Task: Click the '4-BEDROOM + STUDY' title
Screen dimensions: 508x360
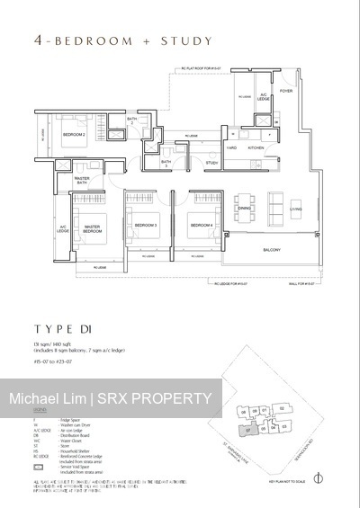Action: [x=110, y=40]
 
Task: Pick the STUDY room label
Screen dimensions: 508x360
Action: [x=211, y=163]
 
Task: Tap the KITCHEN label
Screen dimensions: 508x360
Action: [x=256, y=147]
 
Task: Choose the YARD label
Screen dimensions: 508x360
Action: [x=231, y=147]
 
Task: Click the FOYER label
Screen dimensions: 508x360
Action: [x=285, y=91]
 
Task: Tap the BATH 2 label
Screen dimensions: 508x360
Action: [x=131, y=121]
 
